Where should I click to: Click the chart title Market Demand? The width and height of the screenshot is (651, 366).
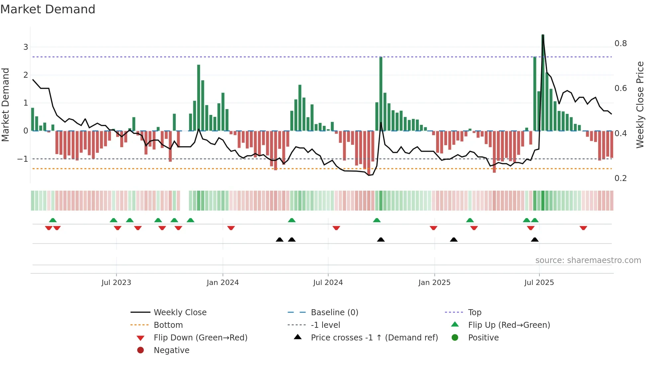point(48,9)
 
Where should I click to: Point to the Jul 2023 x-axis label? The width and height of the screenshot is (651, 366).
point(116,282)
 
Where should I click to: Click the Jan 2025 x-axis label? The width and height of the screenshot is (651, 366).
point(434,282)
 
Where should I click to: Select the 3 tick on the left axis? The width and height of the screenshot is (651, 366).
point(26,47)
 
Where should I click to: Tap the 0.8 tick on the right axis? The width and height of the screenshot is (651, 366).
point(620,44)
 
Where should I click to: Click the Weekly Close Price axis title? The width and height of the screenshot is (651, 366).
point(640,105)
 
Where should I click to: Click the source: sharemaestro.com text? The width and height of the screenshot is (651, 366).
point(588,260)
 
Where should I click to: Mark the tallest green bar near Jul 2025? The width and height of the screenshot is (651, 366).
point(543,83)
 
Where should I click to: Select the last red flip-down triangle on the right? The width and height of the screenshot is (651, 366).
point(583,228)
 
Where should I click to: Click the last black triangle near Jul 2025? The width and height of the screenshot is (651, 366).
point(534,239)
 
